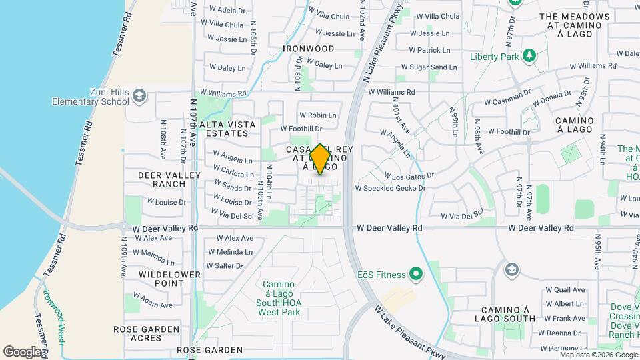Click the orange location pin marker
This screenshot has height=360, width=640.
[x=320, y=159]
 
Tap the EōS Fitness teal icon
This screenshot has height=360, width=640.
[x=416, y=274]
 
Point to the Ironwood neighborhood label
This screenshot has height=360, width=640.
[x=308, y=49]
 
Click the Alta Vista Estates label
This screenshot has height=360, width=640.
[x=227, y=129]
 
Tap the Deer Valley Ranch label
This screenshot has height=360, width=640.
[x=159, y=179]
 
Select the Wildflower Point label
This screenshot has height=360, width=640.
[x=161, y=279]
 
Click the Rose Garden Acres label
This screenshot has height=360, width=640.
[x=146, y=333]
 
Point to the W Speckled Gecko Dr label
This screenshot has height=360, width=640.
[x=390, y=189]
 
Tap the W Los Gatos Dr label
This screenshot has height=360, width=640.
[x=409, y=176]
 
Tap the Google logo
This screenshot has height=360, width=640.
[x=22, y=351]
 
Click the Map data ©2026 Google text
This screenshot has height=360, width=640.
[x=598, y=355]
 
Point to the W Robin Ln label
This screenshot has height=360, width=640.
[x=317, y=115]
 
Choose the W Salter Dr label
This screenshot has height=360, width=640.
[x=225, y=265]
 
